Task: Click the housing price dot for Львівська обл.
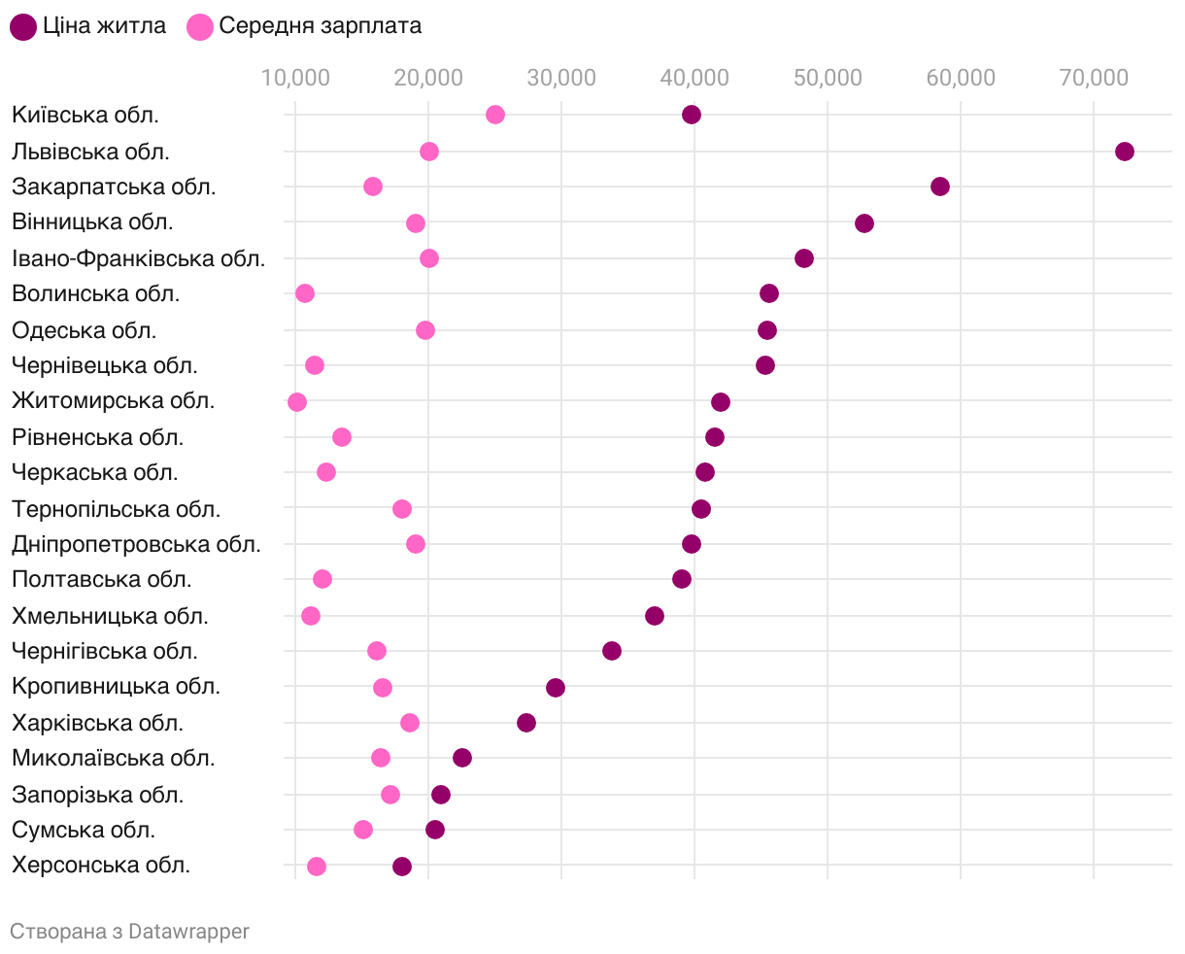point(1125,152)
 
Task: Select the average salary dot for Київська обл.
point(495,115)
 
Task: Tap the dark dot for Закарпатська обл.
point(940,187)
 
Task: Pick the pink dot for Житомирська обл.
point(297,402)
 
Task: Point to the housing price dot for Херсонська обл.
point(402,867)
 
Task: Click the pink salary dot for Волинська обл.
point(305,293)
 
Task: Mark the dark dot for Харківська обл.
point(526,723)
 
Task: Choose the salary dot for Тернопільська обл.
point(402,509)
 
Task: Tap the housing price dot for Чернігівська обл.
point(612,651)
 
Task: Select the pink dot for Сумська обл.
point(363,830)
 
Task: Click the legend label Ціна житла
point(104,26)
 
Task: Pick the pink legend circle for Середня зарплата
point(200,27)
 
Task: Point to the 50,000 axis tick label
point(827,79)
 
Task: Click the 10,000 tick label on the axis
point(294,79)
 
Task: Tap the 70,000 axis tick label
point(1093,79)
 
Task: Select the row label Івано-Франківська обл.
point(138,258)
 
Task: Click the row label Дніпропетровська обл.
point(136,544)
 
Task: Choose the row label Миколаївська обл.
point(114,758)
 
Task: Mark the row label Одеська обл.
point(84,330)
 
